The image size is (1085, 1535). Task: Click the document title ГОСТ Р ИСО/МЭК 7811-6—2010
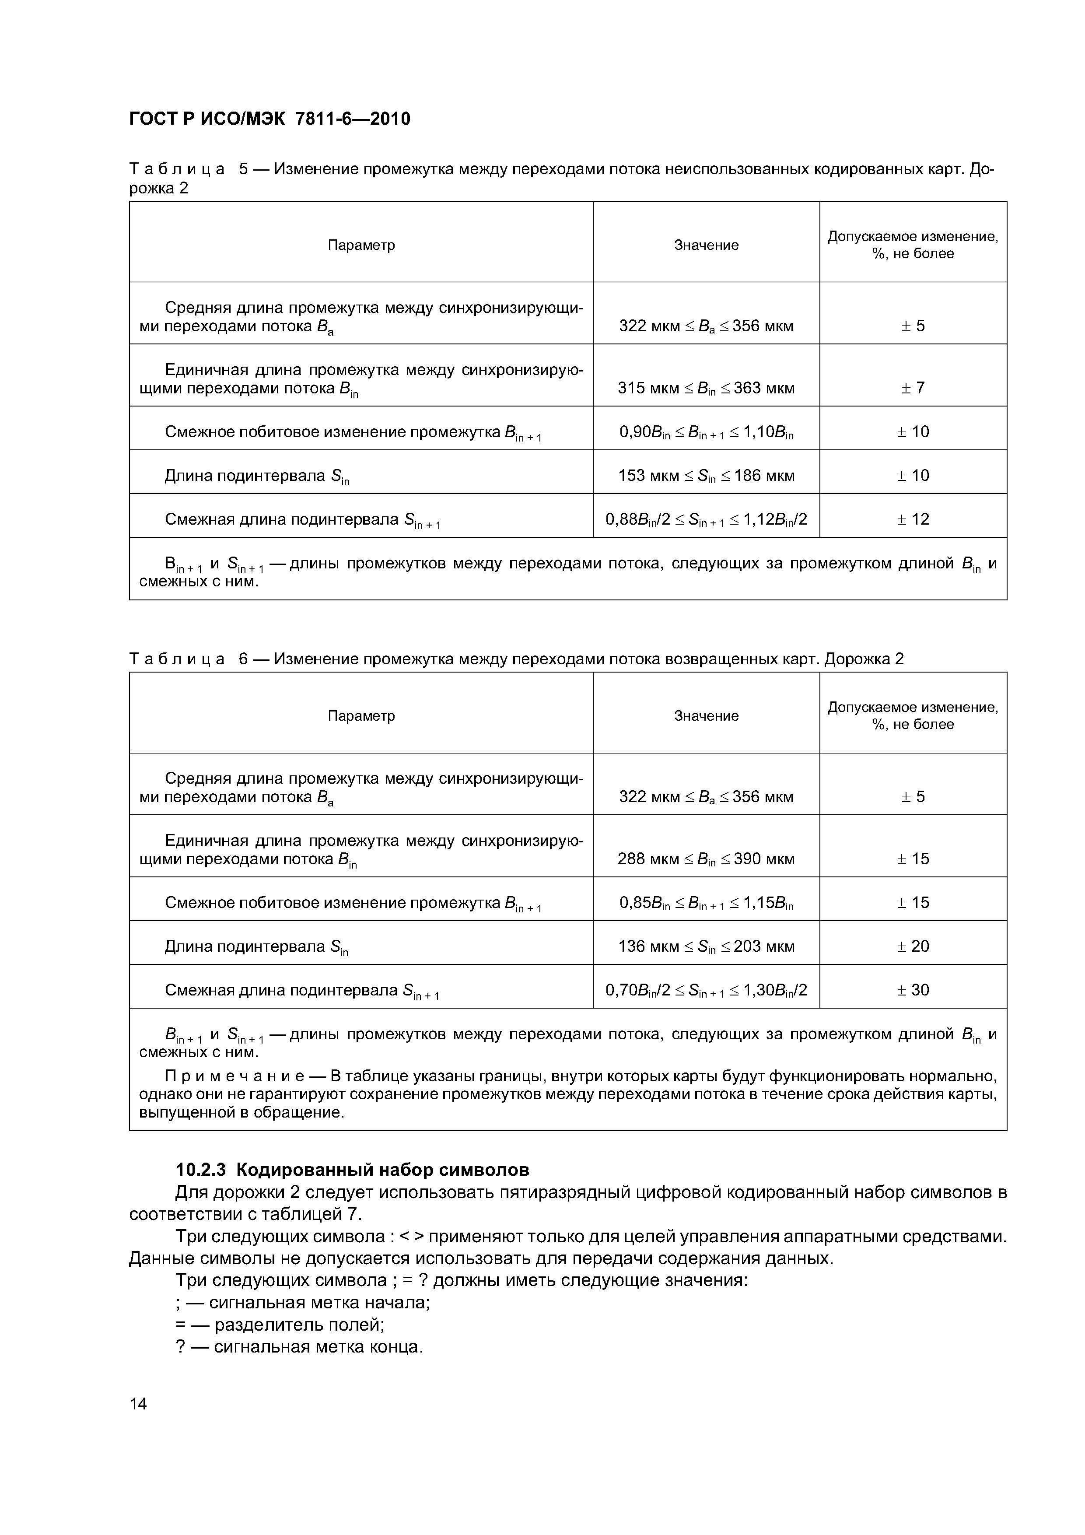click(269, 119)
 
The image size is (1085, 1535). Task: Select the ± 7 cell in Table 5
click(913, 388)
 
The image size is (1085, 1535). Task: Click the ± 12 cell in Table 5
click(913, 519)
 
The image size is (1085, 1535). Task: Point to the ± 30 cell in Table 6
click(913, 989)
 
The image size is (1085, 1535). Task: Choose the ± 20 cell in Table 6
click(913, 946)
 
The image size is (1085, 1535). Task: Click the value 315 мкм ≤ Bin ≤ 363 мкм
click(706, 388)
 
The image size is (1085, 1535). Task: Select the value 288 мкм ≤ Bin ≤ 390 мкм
click(706, 859)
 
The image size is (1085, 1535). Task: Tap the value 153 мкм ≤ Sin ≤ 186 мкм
click(706, 475)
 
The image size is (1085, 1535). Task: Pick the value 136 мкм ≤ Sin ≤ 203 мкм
click(706, 946)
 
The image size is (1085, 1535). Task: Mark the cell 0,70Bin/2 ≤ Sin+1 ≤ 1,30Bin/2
click(706, 989)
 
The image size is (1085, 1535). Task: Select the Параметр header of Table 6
click(361, 716)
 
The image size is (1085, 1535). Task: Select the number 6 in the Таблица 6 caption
click(244, 659)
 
